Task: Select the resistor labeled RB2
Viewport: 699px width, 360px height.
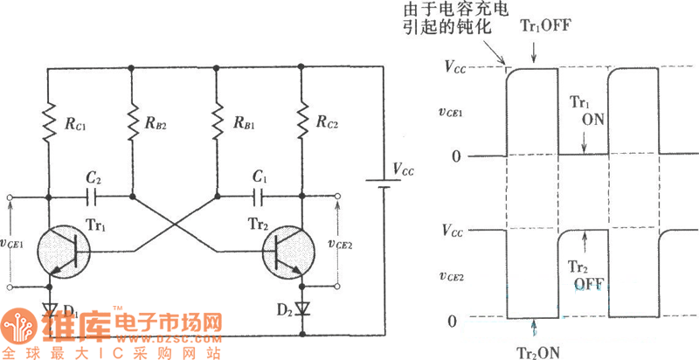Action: (131, 123)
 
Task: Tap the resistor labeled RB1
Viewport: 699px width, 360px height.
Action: (216, 123)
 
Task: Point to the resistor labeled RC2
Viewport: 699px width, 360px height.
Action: (301, 123)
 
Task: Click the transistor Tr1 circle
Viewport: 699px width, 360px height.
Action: (66, 251)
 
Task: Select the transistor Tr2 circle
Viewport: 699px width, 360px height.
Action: (292, 251)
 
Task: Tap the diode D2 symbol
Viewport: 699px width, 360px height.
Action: (302, 308)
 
